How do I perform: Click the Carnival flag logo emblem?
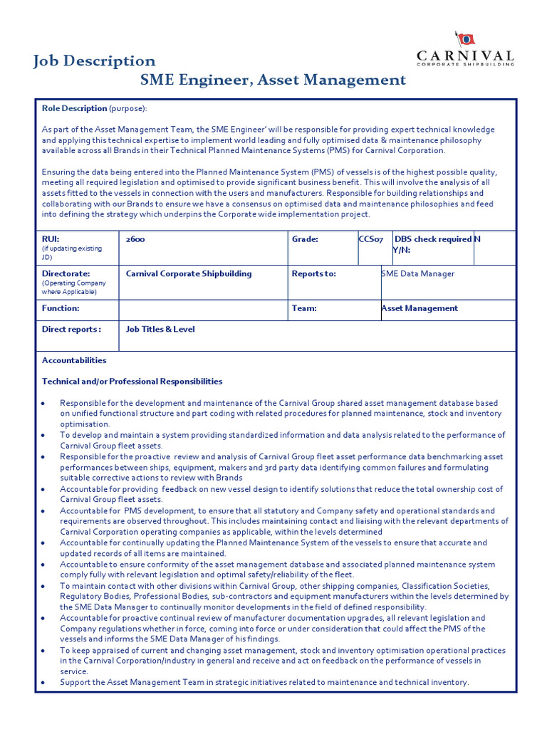point(465,39)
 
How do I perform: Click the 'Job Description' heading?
point(94,61)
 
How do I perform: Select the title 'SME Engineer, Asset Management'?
point(273,80)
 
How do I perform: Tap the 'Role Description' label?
point(74,108)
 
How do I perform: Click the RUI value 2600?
point(135,240)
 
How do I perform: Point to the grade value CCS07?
point(371,240)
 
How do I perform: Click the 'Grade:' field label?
point(305,240)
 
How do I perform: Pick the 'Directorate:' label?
point(66,273)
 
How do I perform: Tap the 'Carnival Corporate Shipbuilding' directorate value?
point(189,273)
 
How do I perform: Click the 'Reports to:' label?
point(313,273)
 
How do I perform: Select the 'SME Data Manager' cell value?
point(418,273)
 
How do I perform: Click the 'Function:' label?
point(61,308)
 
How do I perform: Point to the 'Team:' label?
point(304,308)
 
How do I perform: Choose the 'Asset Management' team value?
point(420,308)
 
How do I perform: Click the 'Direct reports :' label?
point(71,330)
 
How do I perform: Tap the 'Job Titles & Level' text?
point(160,330)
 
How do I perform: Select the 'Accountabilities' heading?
point(74,360)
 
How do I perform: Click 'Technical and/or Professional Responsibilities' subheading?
point(132,382)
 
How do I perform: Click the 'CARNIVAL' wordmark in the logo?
point(464,56)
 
